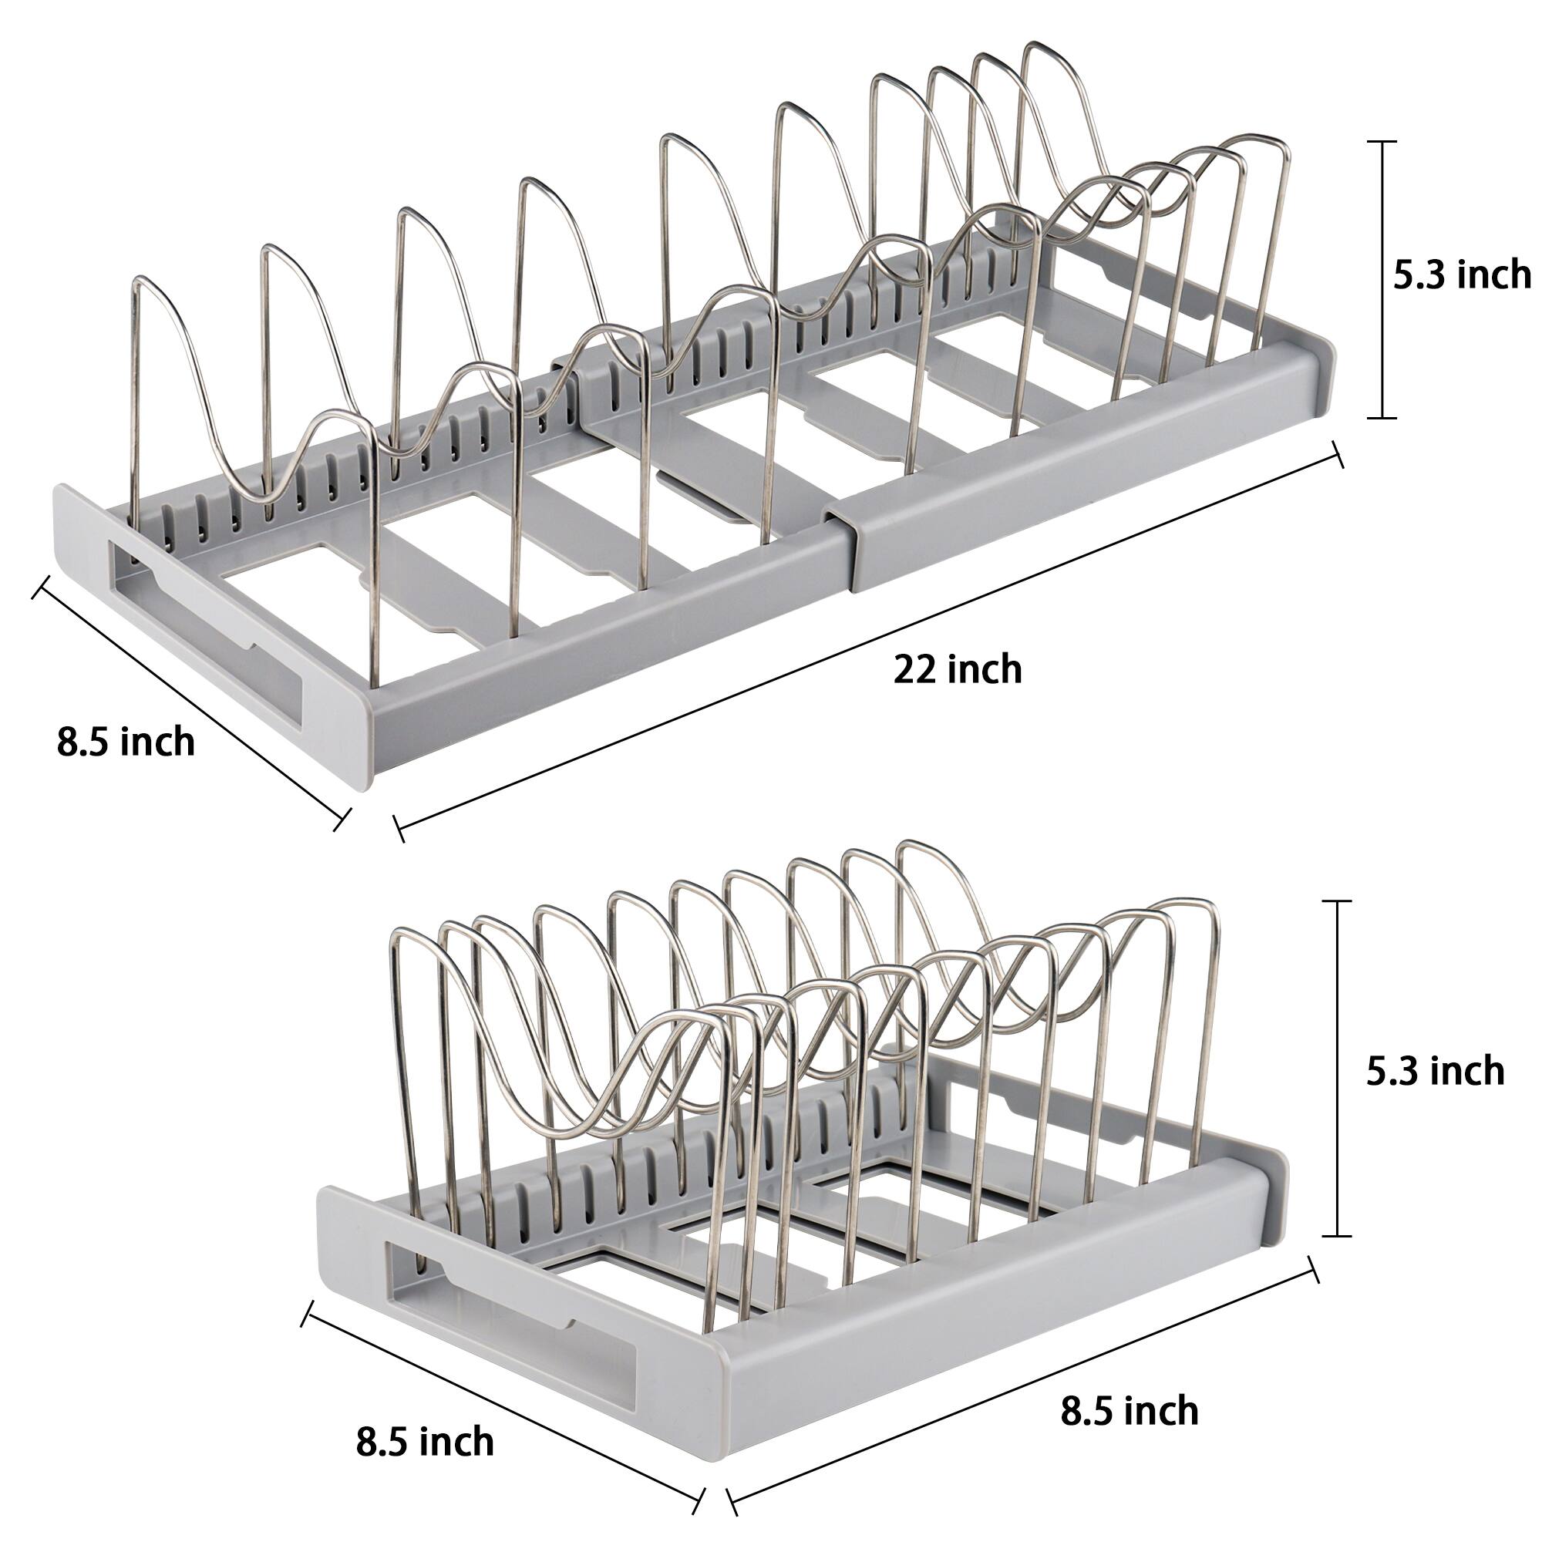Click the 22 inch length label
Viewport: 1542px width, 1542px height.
[957, 668]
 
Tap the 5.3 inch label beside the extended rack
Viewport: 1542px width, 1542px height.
[1462, 275]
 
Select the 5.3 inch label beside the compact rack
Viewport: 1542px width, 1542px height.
[1435, 1071]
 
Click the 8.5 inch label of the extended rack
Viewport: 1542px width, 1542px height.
[126, 742]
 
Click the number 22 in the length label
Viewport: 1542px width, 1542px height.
[914, 668]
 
